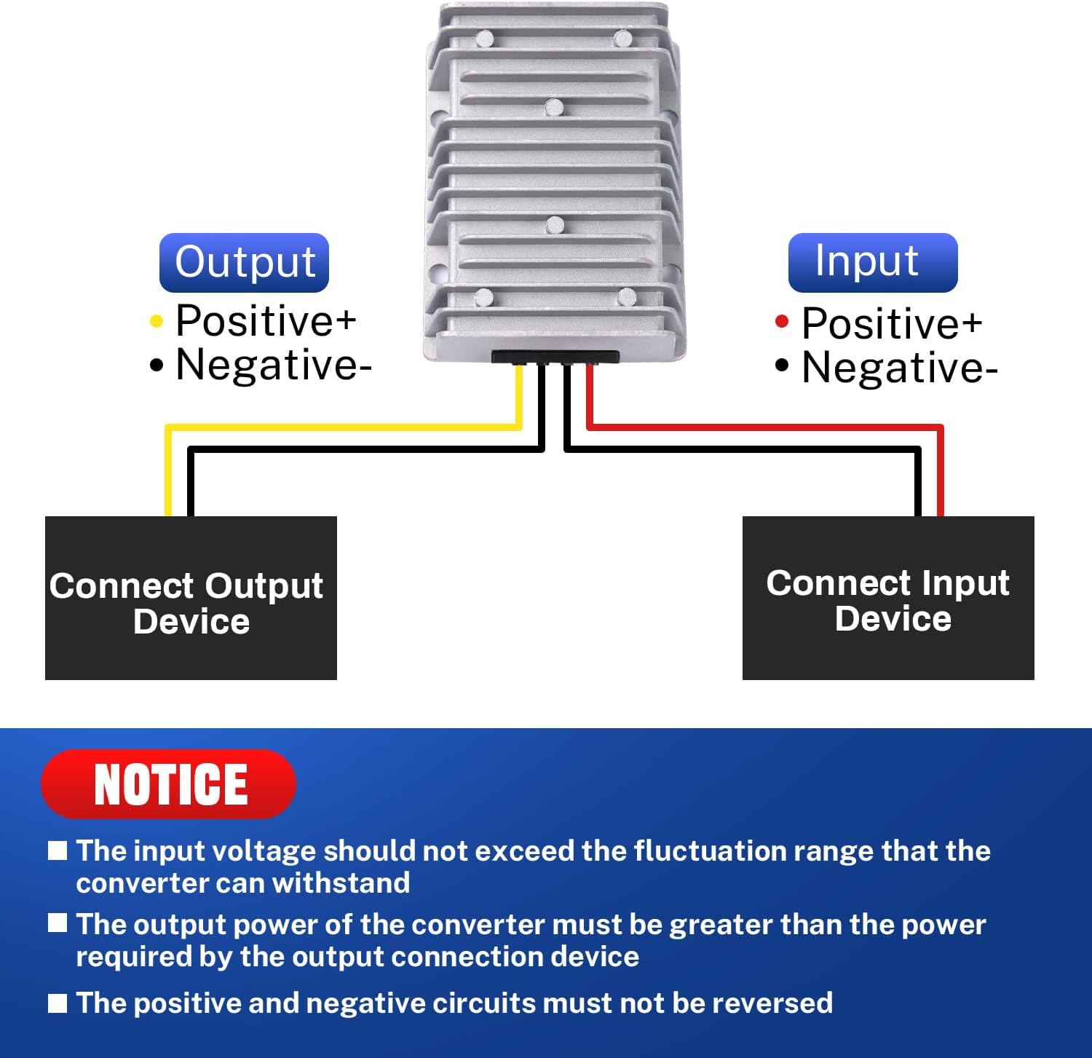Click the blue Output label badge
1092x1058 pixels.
[244, 262]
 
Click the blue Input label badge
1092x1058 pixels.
[872, 262]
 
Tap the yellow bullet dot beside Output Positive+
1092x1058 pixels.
[156, 321]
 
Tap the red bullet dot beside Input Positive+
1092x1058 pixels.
[782, 321]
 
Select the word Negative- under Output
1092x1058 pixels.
[273, 365]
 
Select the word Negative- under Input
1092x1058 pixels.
[899, 368]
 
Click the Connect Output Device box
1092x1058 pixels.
[191, 598]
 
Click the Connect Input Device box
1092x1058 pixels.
[888, 598]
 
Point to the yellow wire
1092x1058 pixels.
[342, 427]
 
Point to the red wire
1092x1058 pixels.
[764, 427]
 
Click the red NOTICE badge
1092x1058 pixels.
[169, 784]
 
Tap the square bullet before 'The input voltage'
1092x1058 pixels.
[58, 850]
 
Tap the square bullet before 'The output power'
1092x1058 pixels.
[58, 923]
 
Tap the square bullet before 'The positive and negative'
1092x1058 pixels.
[58, 1003]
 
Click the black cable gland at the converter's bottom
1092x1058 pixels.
[555, 357]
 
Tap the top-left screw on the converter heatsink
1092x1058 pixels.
[484, 38]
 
